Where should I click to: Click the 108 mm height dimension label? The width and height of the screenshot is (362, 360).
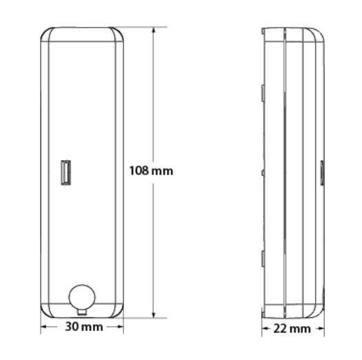[151, 171]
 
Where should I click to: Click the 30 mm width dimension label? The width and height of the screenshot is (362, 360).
[84, 327]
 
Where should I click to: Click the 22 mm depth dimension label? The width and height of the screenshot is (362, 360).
[292, 328]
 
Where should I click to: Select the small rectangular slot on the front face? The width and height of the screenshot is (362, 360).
[66, 172]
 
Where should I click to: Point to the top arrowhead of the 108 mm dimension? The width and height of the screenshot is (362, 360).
[153, 31]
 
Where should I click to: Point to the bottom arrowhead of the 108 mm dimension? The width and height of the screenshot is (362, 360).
[153, 314]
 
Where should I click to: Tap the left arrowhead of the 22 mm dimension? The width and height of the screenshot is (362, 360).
[265, 328]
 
